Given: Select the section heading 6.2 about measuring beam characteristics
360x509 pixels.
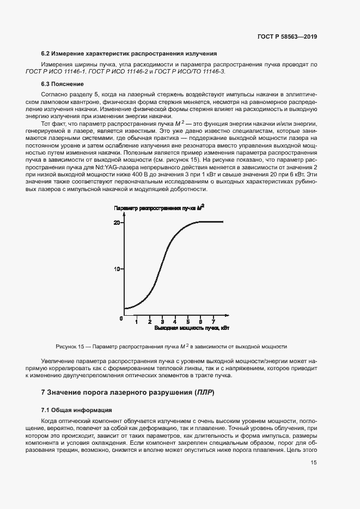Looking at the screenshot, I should coord(130,54).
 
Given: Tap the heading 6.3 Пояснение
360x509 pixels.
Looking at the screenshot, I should coord(63,84).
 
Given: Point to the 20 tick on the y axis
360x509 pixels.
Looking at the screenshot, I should coord(117,222).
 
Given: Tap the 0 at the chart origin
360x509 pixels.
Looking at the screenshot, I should coord(121,317).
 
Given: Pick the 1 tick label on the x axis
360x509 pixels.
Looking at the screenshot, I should coord(137,322).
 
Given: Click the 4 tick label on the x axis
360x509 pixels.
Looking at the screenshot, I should coord(175,322).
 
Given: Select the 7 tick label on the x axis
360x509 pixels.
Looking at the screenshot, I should coord(213,322).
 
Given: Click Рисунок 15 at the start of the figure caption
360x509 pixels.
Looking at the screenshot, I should coord(70,347).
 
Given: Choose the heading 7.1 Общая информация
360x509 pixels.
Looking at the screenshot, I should coord(77,410).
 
